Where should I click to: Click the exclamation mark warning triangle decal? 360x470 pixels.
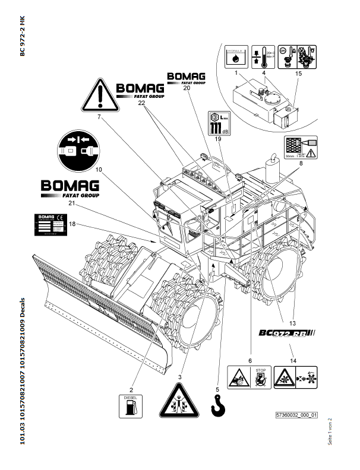(100, 94)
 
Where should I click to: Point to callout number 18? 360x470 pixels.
(72, 224)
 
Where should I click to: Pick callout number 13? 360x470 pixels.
(292, 323)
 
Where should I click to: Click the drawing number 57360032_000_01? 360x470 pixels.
(297, 415)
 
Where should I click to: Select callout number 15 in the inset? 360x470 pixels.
(299, 73)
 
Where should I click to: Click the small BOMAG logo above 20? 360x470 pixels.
(187, 78)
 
